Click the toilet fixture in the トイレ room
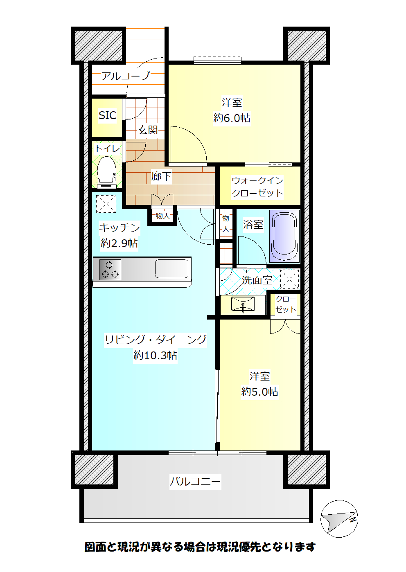click(x=107, y=172)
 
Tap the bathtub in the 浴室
click(x=284, y=236)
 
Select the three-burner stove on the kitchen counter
click(x=110, y=270)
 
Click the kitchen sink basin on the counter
click(x=172, y=269)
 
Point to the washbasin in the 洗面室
click(x=243, y=304)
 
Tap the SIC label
click(x=107, y=115)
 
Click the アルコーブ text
click(x=125, y=76)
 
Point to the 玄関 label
click(x=148, y=130)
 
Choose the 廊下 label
click(x=161, y=176)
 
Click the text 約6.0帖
click(x=232, y=118)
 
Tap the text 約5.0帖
click(x=259, y=392)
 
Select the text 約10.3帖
click(x=155, y=355)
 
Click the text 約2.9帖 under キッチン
click(x=119, y=243)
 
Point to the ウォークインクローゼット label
click(x=257, y=187)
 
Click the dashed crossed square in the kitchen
click(x=106, y=203)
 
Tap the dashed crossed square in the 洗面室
click(x=290, y=279)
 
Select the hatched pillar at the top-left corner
click(x=99, y=45)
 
